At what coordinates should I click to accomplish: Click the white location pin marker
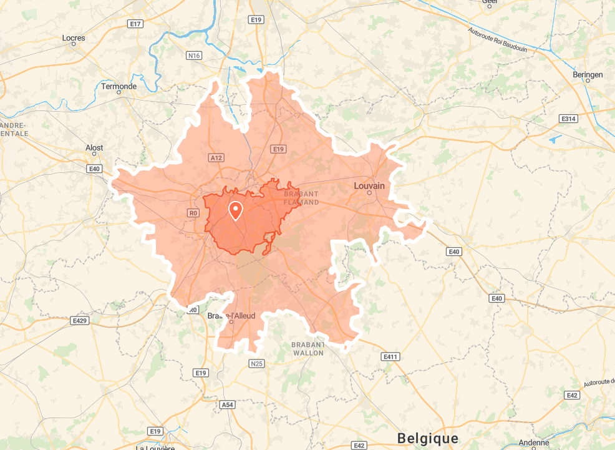(236, 211)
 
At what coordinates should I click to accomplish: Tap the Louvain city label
(369, 186)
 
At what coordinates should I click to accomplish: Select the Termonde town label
(119, 87)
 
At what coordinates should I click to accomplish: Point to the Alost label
(94, 148)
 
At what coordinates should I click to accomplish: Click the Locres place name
(74, 38)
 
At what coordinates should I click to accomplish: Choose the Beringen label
(588, 75)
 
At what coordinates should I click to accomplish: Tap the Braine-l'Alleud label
(231, 316)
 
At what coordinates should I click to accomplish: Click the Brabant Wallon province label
(308, 349)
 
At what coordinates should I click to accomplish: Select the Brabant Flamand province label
(301, 198)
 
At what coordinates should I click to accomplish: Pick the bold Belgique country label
(427, 438)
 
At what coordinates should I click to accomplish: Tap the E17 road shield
(135, 24)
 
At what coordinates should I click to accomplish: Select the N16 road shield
(195, 56)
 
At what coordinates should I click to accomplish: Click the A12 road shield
(216, 158)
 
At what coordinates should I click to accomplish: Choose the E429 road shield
(80, 321)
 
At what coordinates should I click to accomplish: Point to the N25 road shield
(256, 363)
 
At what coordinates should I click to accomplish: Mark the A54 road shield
(228, 405)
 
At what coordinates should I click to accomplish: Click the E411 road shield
(390, 356)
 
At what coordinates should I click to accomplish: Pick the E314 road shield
(568, 118)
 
